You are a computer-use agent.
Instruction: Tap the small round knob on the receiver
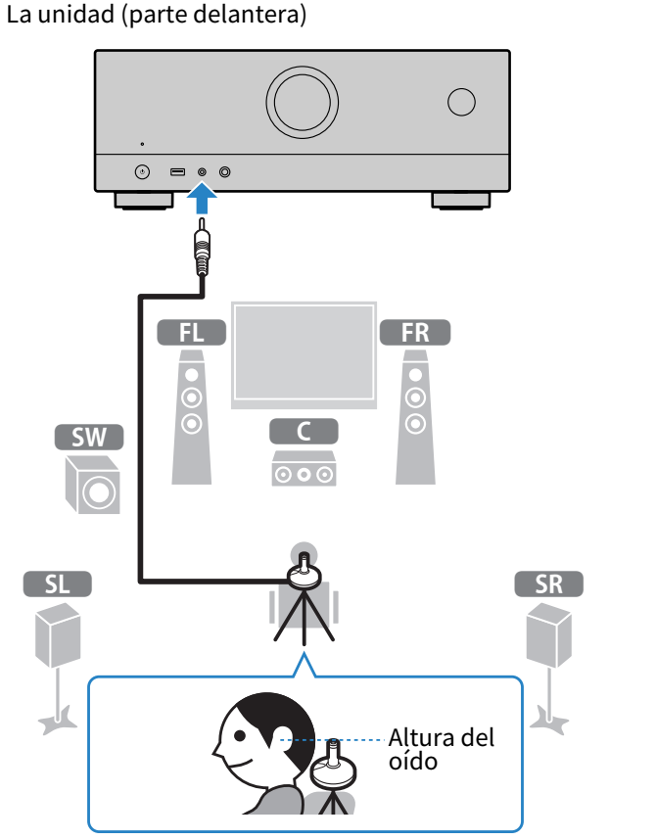click(x=461, y=102)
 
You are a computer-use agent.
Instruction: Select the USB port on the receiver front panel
click(x=177, y=172)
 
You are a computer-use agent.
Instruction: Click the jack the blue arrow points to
click(x=203, y=172)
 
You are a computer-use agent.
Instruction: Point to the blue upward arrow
click(x=202, y=200)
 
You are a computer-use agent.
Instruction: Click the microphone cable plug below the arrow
click(x=202, y=253)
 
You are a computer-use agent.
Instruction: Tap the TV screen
click(x=304, y=353)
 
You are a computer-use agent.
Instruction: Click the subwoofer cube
click(x=93, y=485)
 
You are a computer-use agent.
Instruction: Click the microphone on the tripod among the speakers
click(x=304, y=572)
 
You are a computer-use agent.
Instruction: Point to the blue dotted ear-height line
click(x=343, y=740)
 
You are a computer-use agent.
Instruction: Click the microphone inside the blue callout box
click(x=334, y=770)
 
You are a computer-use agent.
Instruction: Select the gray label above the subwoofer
click(x=89, y=437)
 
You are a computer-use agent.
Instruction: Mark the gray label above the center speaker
click(x=304, y=431)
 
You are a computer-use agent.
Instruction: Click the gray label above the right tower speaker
click(x=415, y=332)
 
